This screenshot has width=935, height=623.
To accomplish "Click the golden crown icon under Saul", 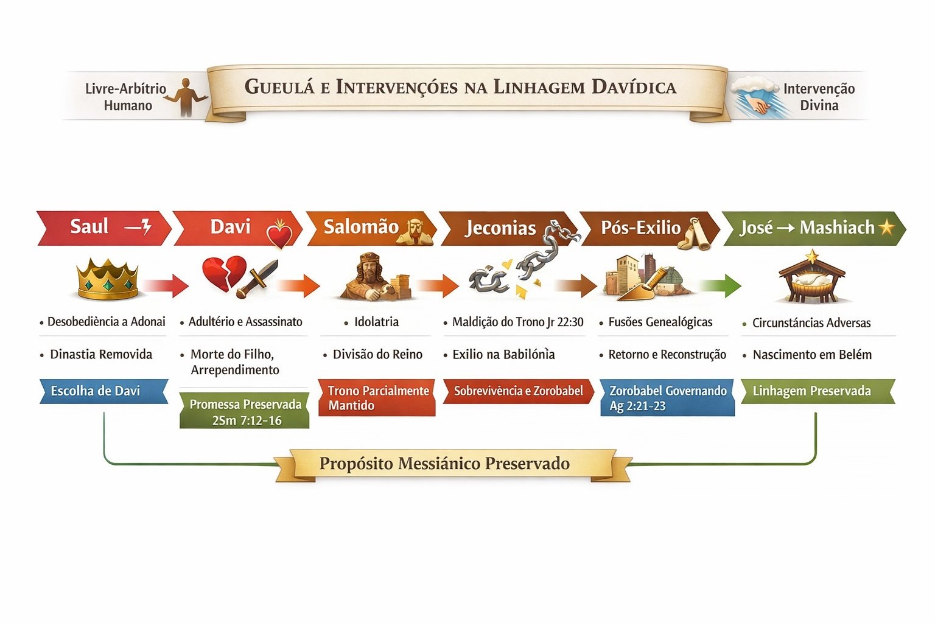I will point(107,279).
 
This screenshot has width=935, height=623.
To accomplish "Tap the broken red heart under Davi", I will point(223,273).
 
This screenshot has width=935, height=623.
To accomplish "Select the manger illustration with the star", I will point(811,280).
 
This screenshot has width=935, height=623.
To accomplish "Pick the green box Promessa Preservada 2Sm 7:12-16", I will point(245,411).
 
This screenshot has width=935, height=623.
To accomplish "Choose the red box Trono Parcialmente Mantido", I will point(377,398).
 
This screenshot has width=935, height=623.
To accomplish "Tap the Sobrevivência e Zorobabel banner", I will point(518,391).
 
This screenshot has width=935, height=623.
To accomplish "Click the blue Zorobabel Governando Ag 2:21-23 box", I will point(667,398).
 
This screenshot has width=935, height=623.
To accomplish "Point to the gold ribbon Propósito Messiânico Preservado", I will point(445,464).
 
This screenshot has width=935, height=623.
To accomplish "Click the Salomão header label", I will point(360,227).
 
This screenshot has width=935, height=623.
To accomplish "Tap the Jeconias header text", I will point(500,228).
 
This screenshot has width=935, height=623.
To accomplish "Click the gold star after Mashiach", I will point(887,228).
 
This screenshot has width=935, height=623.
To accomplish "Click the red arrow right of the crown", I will point(166,285).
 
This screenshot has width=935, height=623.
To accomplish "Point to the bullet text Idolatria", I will point(376,322).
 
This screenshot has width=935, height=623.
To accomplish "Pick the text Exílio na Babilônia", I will point(503,355).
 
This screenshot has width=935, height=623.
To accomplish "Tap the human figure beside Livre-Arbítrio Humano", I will point(186,96).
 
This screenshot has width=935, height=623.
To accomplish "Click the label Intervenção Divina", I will point(819,97).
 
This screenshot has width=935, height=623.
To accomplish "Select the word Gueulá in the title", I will point(279,87).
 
